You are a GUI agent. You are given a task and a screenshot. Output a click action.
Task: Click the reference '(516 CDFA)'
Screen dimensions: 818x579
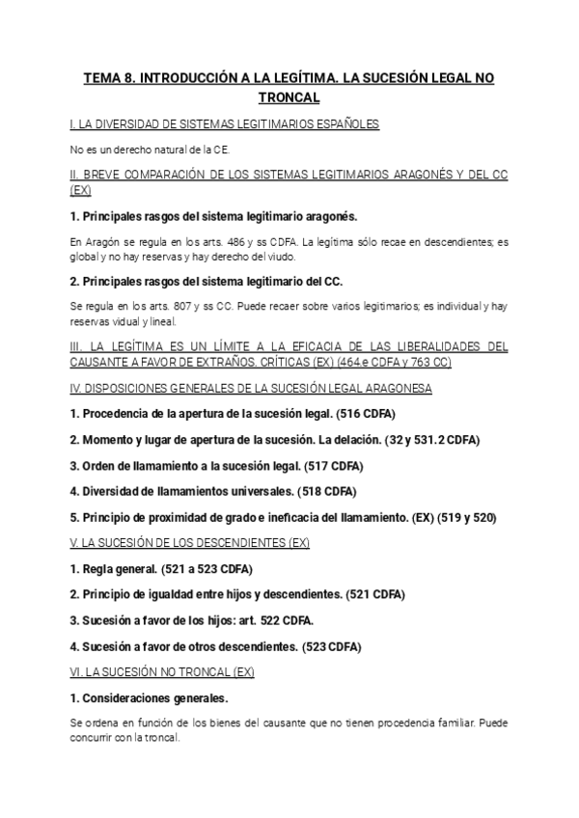click(361, 414)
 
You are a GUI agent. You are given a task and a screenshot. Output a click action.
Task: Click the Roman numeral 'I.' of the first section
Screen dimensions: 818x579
click(73, 124)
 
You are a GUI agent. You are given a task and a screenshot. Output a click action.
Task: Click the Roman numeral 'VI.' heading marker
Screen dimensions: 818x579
click(76, 671)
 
